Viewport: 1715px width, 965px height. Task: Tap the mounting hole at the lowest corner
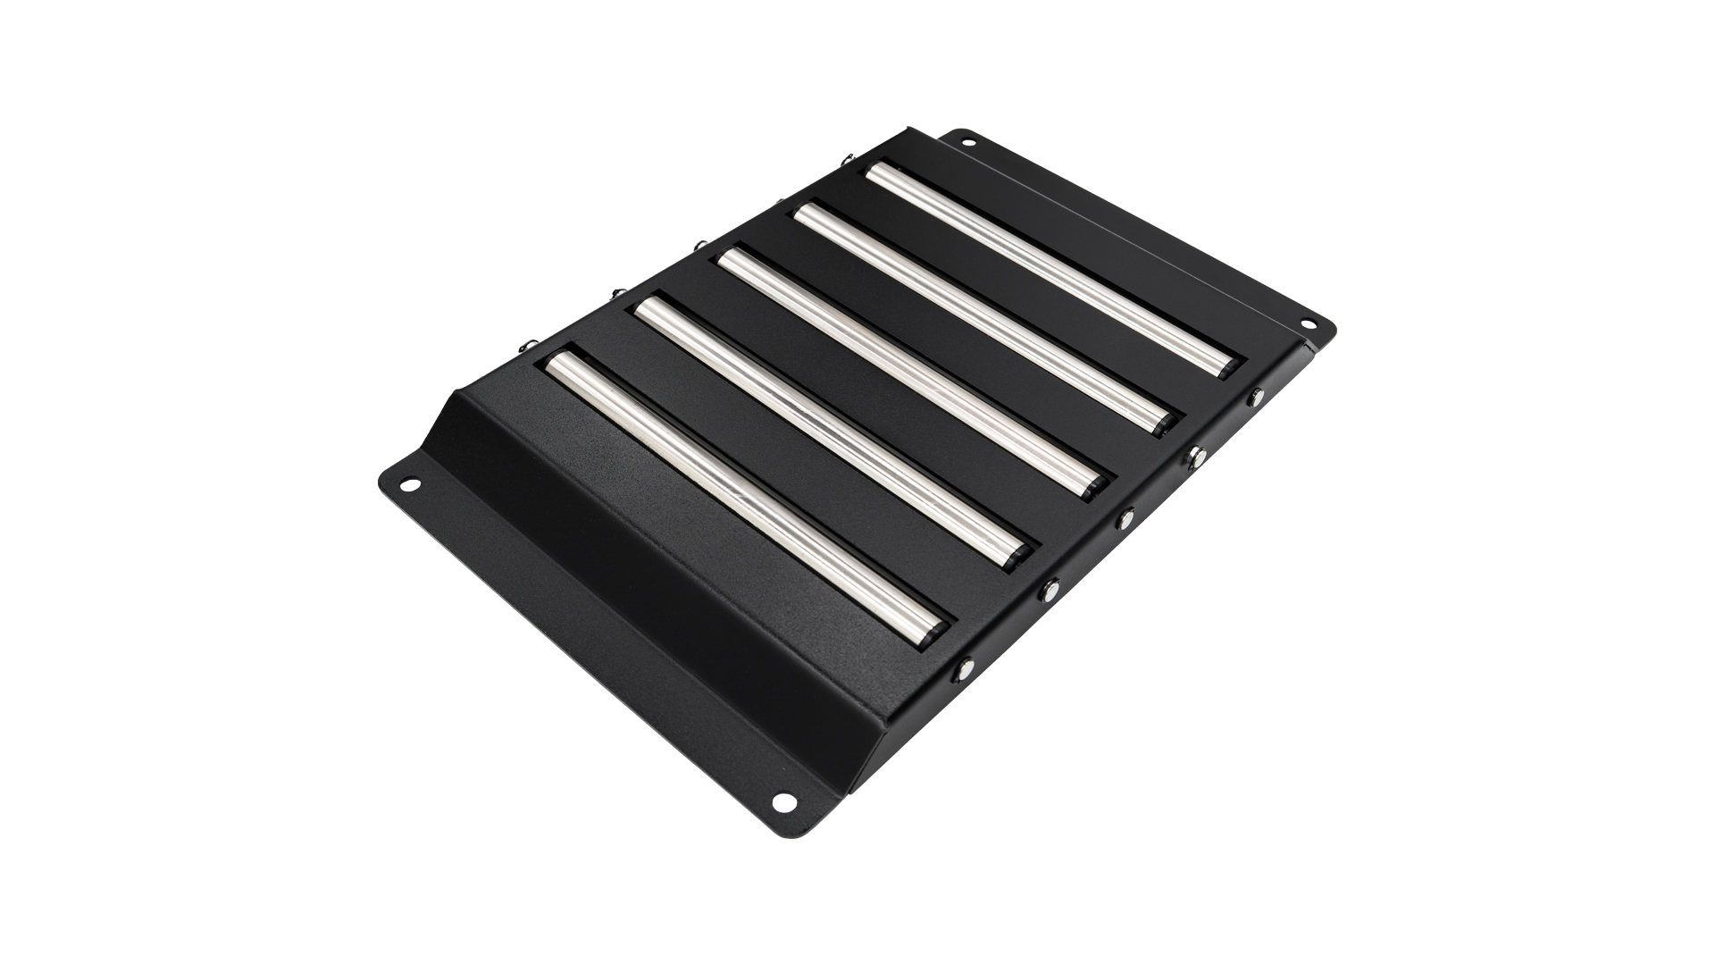(783, 802)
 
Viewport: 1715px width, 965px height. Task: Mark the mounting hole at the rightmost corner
(1309, 323)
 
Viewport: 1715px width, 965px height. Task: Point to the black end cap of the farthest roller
(1230, 366)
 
